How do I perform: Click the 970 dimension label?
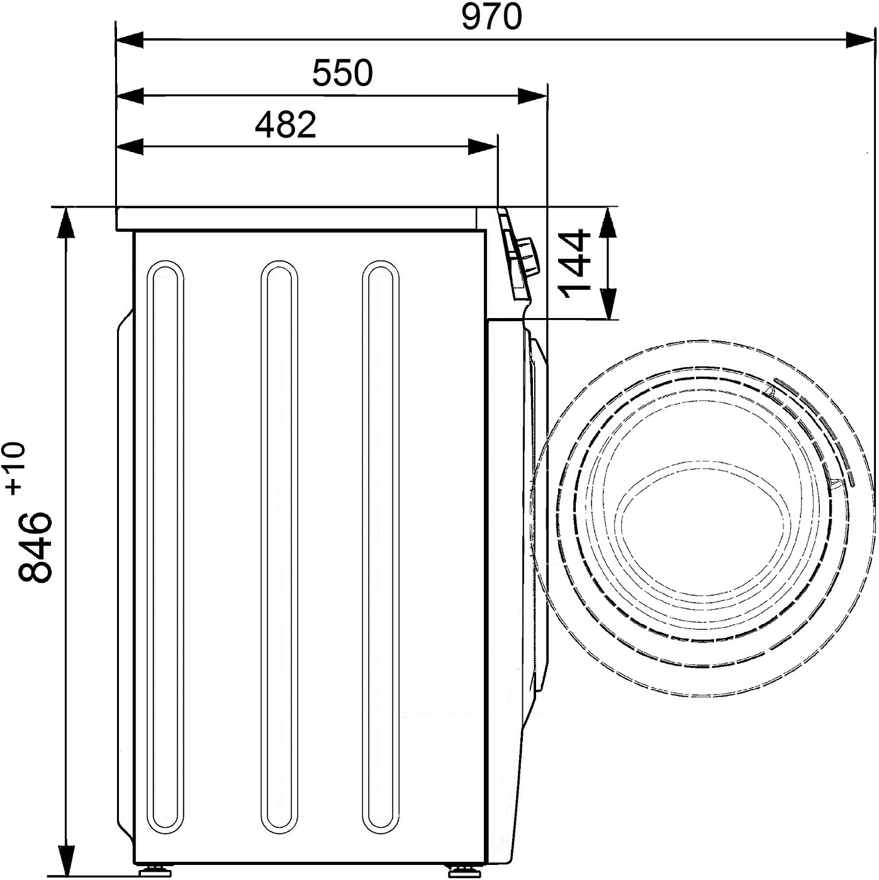[x=491, y=17]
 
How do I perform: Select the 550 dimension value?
[x=342, y=73]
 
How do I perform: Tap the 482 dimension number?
[x=286, y=124]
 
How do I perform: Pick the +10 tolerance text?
[x=14, y=468]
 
